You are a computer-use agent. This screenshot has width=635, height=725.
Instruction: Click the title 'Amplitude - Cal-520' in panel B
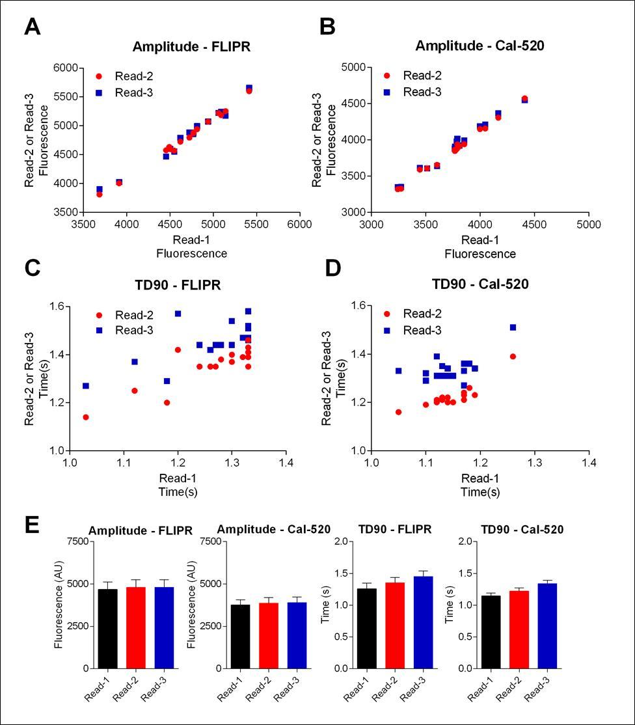point(480,46)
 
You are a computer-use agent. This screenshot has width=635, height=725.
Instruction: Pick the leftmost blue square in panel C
point(85,386)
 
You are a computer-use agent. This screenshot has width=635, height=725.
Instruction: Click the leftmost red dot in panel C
point(85,417)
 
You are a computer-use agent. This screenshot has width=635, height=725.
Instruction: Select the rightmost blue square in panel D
point(513,327)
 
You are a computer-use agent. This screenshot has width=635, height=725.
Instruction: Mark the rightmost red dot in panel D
point(513,356)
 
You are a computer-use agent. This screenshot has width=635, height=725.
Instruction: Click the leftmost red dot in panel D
point(398,412)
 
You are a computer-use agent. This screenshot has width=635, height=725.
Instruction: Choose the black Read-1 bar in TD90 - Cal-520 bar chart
point(491,631)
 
